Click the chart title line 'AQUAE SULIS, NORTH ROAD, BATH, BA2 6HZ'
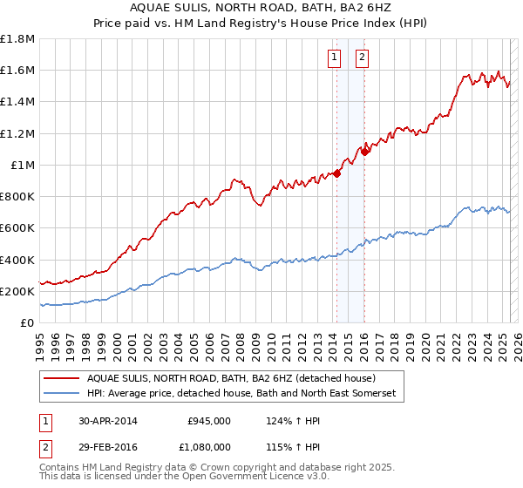pyautogui.click(x=261, y=8)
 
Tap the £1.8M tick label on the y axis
pyautogui.click(x=17, y=39)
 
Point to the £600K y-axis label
pyautogui.click(x=17, y=227)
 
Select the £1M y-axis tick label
pyautogui.click(x=22, y=165)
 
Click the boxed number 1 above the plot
pyautogui.click(x=334, y=58)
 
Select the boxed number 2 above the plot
pyautogui.click(x=362, y=58)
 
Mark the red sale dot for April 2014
pyautogui.click(x=336, y=173)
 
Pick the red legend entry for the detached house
pyautogui.click(x=230, y=378)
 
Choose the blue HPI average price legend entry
pyautogui.click(x=241, y=394)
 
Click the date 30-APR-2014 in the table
pyautogui.click(x=106, y=421)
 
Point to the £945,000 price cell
pyautogui.click(x=209, y=421)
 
